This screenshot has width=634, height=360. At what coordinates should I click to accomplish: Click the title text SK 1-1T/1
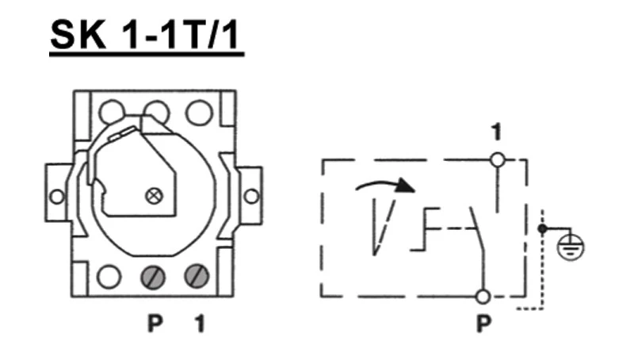(145, 35)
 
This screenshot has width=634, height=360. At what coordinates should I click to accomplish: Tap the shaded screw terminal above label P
(153, 278)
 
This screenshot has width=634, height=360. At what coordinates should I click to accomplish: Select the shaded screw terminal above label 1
(197, 276)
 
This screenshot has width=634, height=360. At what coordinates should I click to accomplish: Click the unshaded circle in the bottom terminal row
(109, 277)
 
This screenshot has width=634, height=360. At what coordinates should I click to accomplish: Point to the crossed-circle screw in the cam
(154, 196)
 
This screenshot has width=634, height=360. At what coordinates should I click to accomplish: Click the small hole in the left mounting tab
(57, 197)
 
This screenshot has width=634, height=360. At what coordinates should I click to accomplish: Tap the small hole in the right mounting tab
(251, 196)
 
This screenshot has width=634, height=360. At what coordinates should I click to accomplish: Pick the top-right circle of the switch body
(200, 112)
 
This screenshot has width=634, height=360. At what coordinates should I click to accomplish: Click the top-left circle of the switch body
(112, 113)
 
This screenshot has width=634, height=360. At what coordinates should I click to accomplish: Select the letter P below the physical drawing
(155, 324)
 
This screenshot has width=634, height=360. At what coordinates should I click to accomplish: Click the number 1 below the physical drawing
(200, 324)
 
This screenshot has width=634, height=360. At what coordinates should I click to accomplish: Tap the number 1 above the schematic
(497, 132)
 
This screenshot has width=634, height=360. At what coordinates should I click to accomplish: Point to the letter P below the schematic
(483, 324)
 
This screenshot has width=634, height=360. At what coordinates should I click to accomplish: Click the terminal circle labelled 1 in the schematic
(498, 160)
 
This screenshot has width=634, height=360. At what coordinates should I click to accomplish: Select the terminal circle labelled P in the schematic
(483, 297)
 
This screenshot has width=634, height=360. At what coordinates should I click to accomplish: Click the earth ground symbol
(570, 247)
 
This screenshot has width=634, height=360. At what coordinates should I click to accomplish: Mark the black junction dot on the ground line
(543, 229)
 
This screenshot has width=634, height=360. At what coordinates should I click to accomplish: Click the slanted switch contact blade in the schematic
(477, 229)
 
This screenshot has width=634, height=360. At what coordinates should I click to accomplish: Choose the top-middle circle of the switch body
(156, 113)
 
